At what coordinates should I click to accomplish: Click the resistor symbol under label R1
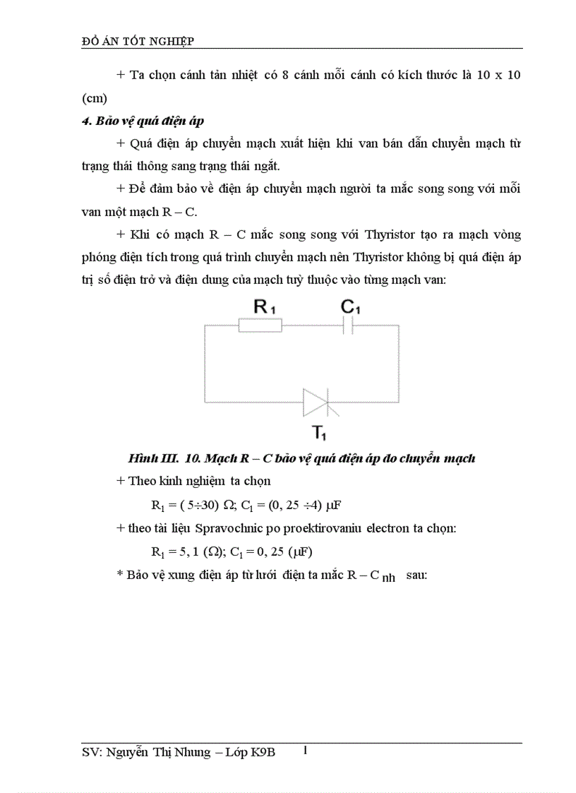pyautogui.click(x=260, y=326)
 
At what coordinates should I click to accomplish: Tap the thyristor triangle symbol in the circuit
pyautogui.click(x=316, y=403)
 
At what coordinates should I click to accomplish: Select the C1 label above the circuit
pyautogui.click(x=351, y=307)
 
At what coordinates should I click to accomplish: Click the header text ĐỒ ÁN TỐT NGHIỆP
pyautogui.click(x=138, y=42)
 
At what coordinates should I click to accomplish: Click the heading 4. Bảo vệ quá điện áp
pyautogui.click(x=143, y=121)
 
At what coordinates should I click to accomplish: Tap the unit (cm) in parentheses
pyautogui.click(x=95, y=98)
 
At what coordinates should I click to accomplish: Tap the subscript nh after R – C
pyautogui.click(x=388, y=578)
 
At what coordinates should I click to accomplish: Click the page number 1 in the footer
pyautogui.click(x=305, y=750)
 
